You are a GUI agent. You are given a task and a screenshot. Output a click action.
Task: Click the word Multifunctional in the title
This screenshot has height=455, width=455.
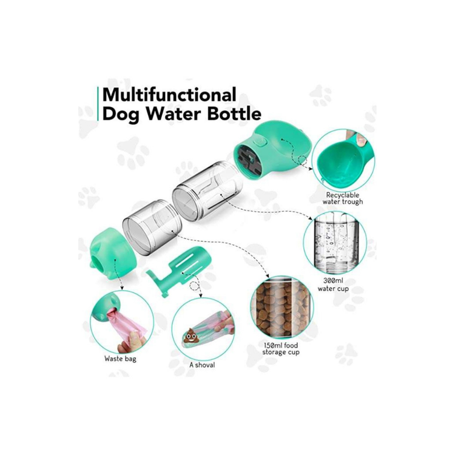pyautogui.click(x=169, y=95)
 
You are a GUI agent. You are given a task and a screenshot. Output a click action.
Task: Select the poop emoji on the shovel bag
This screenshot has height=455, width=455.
pyautogui.click(x=190, y=335)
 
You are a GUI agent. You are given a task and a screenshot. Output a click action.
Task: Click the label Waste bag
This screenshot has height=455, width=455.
pyautogui.click(x=120, y=359)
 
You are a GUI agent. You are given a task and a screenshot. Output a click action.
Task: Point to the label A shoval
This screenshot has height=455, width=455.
pyautogui.click(x=202, y=365)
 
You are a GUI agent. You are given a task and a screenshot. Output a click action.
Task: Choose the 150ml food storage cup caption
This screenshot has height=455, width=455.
pyautogui.click(x=281, y=349)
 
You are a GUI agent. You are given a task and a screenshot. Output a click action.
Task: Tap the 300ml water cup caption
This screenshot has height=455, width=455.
pyautogui.click(x=333, y=285)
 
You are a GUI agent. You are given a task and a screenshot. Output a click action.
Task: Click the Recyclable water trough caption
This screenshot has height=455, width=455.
pyautogui.click(x=342, y=198)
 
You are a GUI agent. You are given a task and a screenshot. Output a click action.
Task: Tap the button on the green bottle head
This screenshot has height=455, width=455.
pyautogui.click(x=260, y=143)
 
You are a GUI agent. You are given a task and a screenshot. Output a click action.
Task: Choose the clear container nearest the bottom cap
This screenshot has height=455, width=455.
pyautogui.click(x=152, y=227)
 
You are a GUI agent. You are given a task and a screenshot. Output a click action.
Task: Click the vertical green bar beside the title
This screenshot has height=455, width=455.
pyautogui.click(x=98, y=104)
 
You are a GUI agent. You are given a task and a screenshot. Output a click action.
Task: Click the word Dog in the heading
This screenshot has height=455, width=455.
pyautogui.click(x=121, y=115)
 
